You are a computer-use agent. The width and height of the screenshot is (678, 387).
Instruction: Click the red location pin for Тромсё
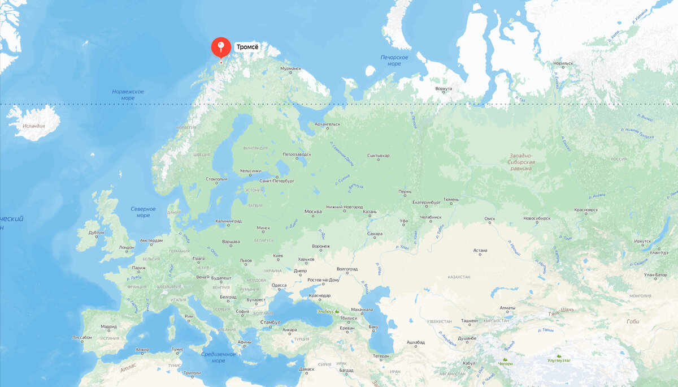(x=221, y=48)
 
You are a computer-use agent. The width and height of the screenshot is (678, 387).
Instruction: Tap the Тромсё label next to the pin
(x=247, y=47)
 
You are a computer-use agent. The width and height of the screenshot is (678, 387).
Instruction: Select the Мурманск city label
(x=291, y=68)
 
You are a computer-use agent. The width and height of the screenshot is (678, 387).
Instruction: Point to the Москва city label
(x=313, y=212)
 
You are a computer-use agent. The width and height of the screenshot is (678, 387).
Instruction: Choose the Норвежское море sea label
(x=128, y=94)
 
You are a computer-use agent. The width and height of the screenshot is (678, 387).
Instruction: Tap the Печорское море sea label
(x=394, y=61)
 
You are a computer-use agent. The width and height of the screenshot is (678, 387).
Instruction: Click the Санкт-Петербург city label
(x=277, y=181)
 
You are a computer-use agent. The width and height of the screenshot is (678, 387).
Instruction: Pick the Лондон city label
(x=127, y=247)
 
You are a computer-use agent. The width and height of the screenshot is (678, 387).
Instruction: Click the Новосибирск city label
(x=537, y=218)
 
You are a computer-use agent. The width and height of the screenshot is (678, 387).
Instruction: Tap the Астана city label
(x=480, y=250)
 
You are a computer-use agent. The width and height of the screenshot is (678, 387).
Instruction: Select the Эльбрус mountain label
(x=325, y=311)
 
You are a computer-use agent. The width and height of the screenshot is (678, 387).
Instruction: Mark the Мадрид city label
(x=109, y=326)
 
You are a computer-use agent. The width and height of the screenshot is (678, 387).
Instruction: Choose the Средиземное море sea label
(x=218, y=357)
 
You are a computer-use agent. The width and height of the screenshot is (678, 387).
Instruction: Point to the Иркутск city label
(x=642, y=241)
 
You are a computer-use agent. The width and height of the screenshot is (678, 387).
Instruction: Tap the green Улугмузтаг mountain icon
(x=559, y=353)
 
